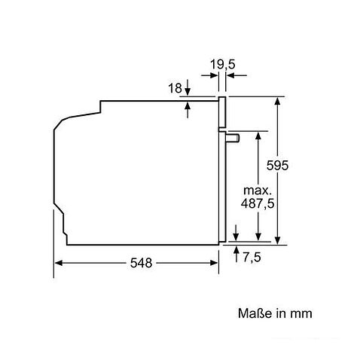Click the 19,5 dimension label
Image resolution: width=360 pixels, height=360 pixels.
point(222,64)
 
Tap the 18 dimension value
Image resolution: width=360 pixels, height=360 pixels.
point(175,88)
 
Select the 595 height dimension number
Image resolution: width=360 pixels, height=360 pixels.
point(277,165)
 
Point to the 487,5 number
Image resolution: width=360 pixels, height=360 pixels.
point(258,203)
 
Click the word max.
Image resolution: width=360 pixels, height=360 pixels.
point(258,191)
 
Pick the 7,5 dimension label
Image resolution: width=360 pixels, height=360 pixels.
point(252,257)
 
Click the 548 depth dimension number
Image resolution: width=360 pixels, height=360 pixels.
point(141,263)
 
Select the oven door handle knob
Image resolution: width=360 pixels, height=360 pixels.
point(233,139)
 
